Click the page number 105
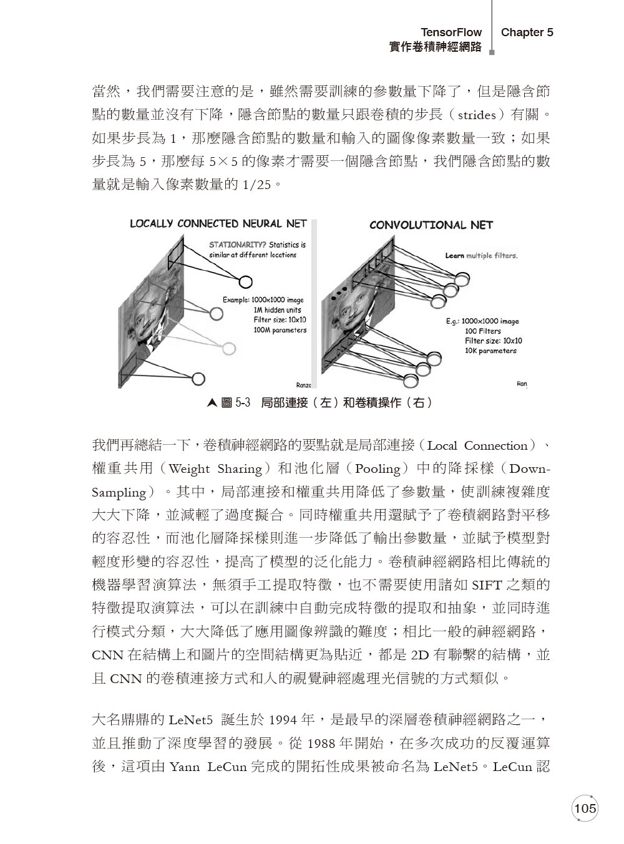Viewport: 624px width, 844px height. [585, 808]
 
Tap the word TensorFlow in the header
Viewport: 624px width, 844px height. [451, 32]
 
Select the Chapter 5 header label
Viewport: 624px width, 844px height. [527, 32]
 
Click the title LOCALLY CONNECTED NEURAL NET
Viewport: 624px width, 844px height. [218, 223]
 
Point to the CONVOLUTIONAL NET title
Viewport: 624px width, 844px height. [431, 225]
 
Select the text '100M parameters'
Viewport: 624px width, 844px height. [280, 330]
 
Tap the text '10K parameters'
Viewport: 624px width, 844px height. [490, 351]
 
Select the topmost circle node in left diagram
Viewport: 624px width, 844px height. [246, 281]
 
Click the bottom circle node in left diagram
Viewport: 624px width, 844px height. [199, 378]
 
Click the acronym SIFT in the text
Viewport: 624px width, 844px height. [488, 585]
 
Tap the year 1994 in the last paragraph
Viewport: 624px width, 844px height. [285, 720]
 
